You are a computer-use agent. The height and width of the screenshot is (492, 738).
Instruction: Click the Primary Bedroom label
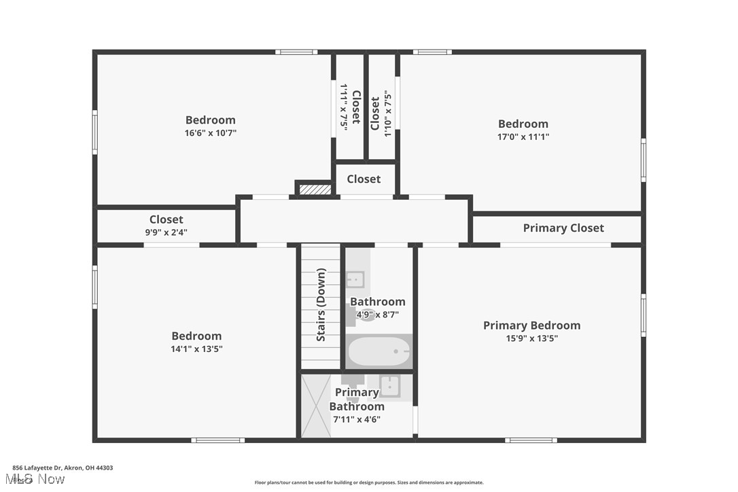tap(531, 326)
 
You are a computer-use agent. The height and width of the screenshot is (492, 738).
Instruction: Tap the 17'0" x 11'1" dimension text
tap(523, 137)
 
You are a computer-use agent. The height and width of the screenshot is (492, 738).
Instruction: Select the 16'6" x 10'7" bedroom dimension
tap(211, 133)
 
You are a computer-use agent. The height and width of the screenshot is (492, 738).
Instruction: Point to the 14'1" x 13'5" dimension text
tap(196, 349)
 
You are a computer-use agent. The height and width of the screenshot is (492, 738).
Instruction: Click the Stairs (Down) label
tap(321, 304)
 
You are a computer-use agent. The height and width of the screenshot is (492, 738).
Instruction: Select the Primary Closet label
tap(563, 228)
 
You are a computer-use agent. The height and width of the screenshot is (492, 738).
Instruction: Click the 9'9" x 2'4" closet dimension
tap(166, 232)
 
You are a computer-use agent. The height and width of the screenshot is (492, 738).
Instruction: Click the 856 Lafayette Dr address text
tap(63, 468)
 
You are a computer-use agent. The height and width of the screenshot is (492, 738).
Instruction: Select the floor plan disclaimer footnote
tap(369, 482)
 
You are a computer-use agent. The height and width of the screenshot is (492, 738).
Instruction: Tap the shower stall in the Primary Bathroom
tap(315, 406)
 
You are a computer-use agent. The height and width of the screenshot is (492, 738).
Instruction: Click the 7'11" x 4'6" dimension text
tap(357, 419)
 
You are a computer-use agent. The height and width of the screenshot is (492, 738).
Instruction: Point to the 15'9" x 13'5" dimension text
tap(531, 338)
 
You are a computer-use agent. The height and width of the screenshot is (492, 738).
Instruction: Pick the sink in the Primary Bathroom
tap(389, 386)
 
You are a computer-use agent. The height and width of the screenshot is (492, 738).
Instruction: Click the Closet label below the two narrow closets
tap(364, 179)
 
